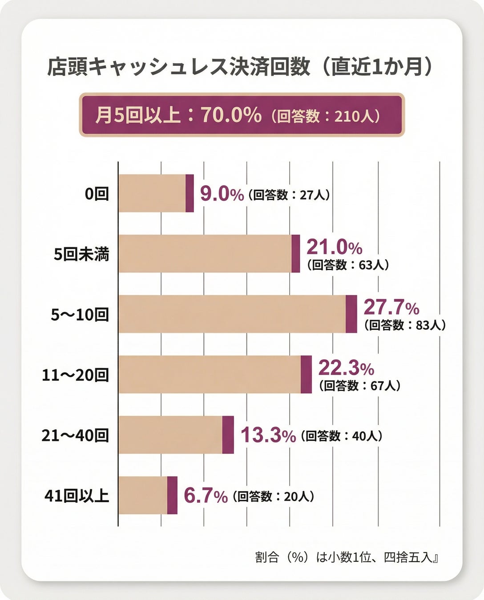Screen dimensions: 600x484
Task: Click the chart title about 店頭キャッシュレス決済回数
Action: point(240,67)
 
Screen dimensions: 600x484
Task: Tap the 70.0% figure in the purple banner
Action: point(231,115)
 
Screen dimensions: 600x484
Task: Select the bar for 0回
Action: point(156,193)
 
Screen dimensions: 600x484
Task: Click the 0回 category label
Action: point(97,194)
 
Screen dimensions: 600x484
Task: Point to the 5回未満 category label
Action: point(81,254)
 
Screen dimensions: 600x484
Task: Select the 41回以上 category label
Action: point(77,496)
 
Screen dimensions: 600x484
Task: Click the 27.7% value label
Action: point(391,307)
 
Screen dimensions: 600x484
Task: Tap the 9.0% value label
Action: point(222,194)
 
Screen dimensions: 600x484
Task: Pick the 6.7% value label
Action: point(206,496)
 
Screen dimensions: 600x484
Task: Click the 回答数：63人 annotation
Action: point(348,265)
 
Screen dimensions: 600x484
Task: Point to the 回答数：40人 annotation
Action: point(342,436)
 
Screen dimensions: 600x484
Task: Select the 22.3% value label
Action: point(346,368)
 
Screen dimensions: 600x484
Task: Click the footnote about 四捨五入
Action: point(347,557)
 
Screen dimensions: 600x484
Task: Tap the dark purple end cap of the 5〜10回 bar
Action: point(351,314)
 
